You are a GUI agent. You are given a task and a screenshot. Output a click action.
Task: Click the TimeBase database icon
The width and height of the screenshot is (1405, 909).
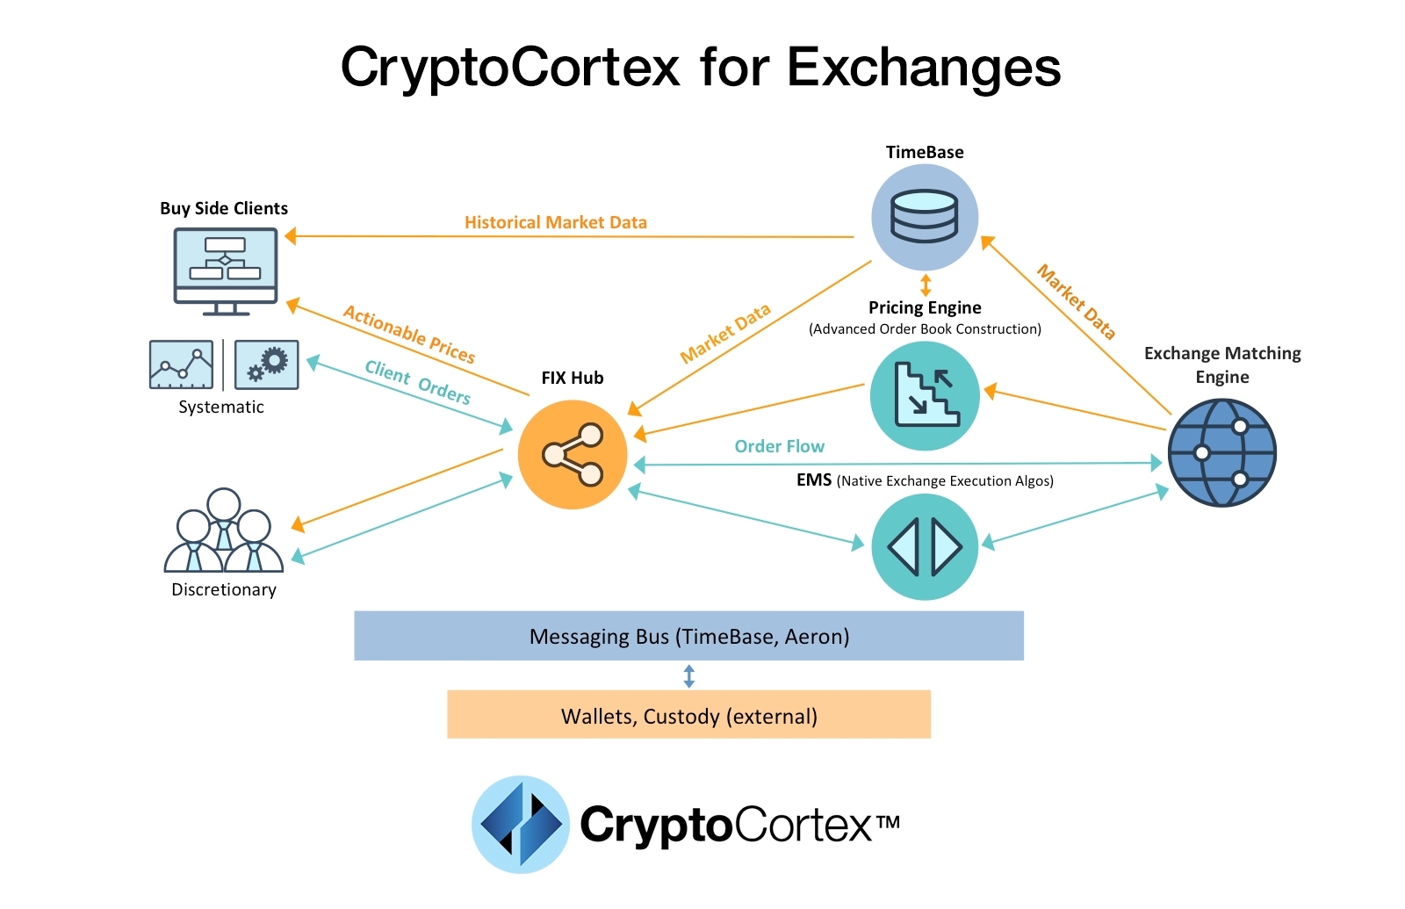(924, 217)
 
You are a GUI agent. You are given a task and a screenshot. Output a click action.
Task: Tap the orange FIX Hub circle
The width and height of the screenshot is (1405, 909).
(573, 454)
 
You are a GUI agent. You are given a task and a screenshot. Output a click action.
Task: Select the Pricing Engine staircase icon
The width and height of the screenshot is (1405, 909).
(925, 395)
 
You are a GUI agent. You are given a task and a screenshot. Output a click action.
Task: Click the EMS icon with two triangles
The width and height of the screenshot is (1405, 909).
(925, 546)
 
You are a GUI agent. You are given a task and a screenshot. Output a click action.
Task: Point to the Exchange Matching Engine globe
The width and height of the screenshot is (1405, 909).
(1221, 452)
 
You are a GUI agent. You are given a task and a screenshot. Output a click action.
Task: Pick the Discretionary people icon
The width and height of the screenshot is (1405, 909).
(224, 531)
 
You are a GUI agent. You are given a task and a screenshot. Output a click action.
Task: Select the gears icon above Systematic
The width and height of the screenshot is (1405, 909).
(267, 364)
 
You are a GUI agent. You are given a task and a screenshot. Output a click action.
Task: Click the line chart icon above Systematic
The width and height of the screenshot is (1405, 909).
(182, 364)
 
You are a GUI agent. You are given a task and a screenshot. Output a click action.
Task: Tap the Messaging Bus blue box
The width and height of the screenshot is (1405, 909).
(688, 636)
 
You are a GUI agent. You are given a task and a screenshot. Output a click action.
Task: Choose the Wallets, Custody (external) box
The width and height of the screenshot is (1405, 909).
(688, 715)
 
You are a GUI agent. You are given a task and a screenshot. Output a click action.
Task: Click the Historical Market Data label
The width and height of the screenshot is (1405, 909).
(555, 222)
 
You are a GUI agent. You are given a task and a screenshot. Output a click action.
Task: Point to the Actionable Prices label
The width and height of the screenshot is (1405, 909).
(409, 334)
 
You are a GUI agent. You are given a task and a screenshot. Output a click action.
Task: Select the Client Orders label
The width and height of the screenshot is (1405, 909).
(418, 382)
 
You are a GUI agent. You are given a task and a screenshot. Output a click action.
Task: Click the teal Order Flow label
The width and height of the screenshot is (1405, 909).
(779, 446)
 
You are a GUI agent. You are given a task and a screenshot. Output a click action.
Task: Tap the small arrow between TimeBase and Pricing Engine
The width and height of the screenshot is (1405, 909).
(925, 285)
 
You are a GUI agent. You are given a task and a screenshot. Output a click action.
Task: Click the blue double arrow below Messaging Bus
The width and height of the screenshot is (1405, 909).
(688, 675)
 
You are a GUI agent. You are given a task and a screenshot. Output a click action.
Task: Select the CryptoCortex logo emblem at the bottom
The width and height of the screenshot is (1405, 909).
(521, 824)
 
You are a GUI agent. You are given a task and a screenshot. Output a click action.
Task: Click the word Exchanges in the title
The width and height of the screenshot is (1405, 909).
(923, 67)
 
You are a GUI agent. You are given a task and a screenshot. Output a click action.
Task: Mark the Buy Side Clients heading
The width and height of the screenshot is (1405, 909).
(224, 208)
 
